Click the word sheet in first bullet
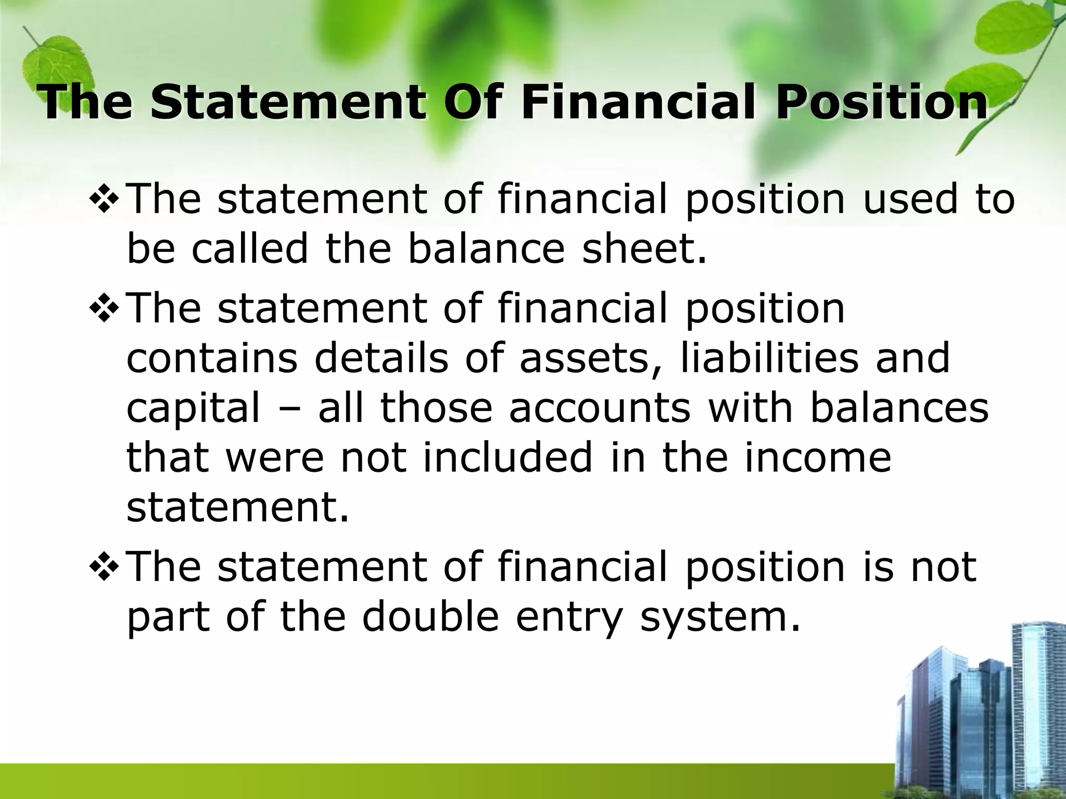[x=644, y=249]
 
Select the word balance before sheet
[x=486, y=249]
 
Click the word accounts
[x=600, y=408]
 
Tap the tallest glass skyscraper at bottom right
[x=1036, y=702]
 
